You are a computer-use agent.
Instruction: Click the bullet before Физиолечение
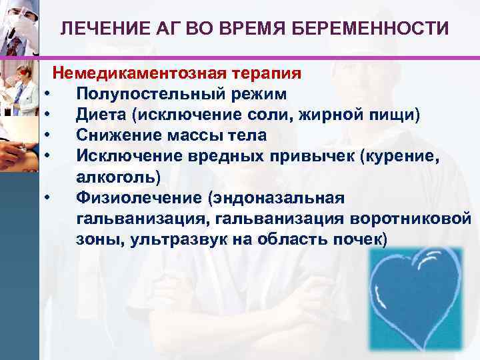point(49,199)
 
